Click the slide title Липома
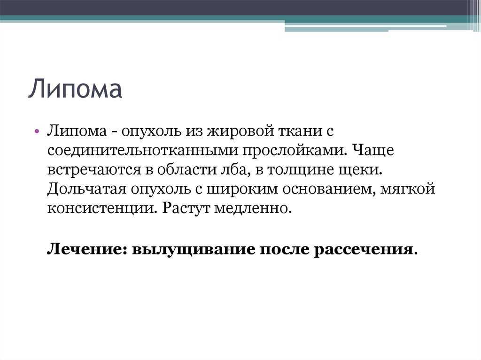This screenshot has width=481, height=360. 75,89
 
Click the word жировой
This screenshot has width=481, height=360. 241,131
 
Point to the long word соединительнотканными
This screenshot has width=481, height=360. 143,151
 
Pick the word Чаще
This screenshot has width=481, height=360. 372,151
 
